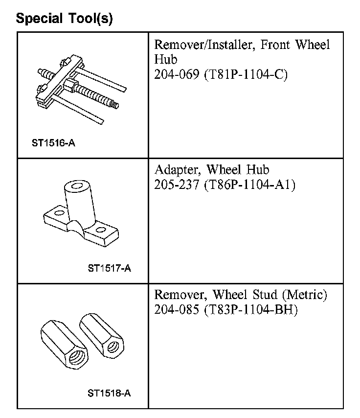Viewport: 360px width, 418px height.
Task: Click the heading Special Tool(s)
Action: tap(64, 19)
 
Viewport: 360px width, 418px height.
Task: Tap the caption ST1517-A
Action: tap(110, 268)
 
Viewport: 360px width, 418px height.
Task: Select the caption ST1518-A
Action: tap(110, 393)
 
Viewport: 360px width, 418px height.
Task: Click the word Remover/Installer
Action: tap(205, 45)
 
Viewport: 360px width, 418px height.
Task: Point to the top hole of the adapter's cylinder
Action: tap(76, 186)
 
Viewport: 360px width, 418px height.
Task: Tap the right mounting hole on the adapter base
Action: tap(101, 229)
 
